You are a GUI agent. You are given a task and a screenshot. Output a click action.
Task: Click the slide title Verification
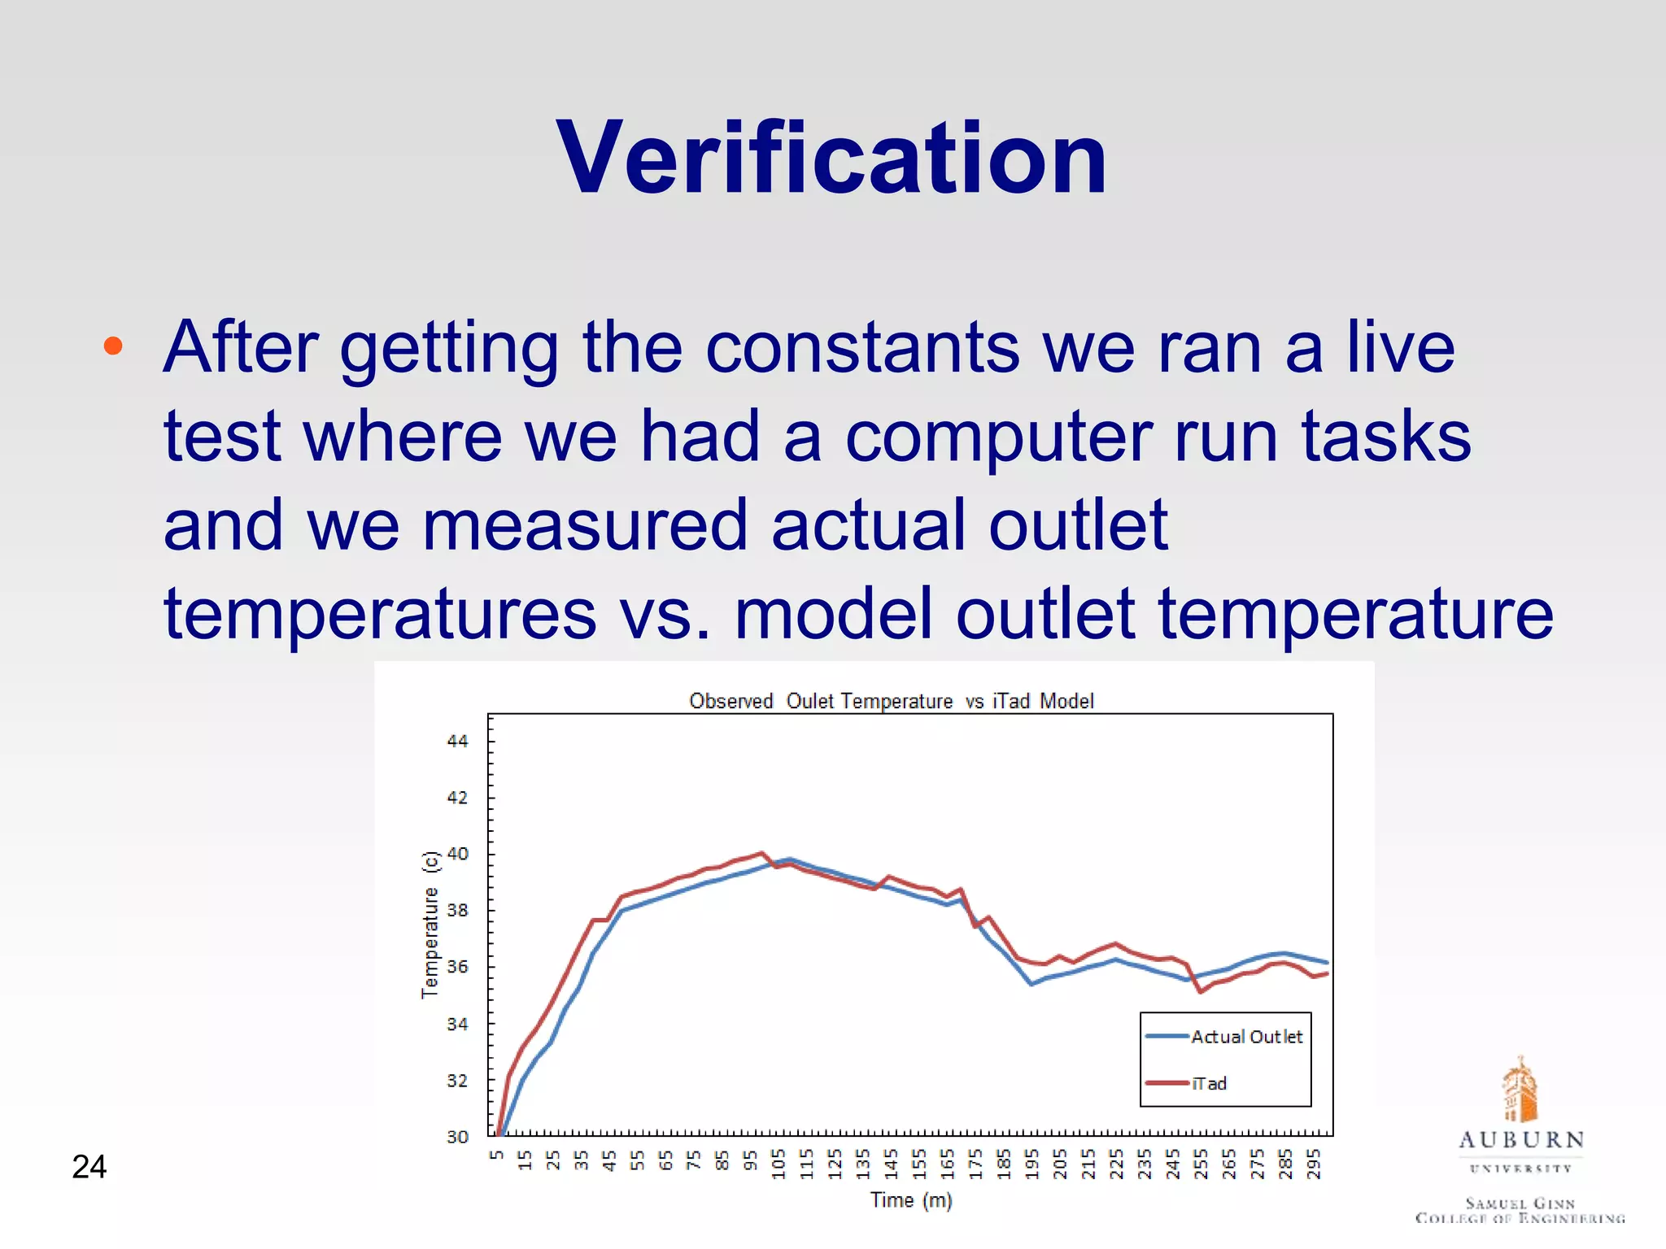[831, 158]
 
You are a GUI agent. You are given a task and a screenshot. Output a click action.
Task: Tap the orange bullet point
[113, 346]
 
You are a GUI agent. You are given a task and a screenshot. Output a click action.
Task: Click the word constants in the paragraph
[861, 347]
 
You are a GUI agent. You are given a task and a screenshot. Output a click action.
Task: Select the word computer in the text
[998, 437]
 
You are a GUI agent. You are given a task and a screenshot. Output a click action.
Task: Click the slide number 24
[89, 1167]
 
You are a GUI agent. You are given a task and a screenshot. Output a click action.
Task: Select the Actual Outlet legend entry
[1245, 1037]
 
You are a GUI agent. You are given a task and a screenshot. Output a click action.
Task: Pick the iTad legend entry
[1208, 1083]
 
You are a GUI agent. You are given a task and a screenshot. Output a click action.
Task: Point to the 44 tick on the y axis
[458, 741]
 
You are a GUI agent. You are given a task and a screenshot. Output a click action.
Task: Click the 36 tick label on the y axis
[458, 967]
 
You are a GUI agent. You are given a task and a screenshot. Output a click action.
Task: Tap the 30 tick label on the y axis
[458, 1137]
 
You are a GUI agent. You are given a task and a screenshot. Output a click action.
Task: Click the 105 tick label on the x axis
[778, 1164]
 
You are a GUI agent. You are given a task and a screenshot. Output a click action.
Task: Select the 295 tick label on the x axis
[1313, 1164]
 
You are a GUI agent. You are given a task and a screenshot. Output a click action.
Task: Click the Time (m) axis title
[910, 1200]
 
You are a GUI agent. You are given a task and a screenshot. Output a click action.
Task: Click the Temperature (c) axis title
[430, 925]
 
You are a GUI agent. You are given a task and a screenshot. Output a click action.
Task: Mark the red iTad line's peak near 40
[761, 853]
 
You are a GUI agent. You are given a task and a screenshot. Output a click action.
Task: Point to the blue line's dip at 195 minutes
[1031, 984]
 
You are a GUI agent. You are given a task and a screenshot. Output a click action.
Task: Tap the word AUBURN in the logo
[1521, 1140]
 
